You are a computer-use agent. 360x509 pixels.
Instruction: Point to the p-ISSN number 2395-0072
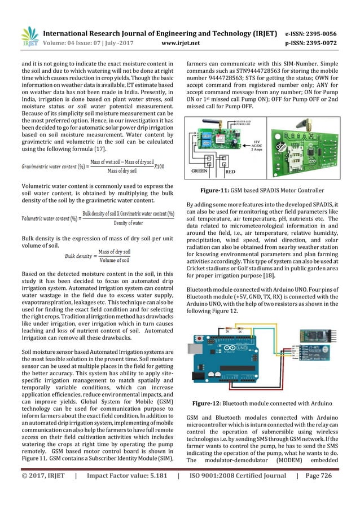tap(323, 26)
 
